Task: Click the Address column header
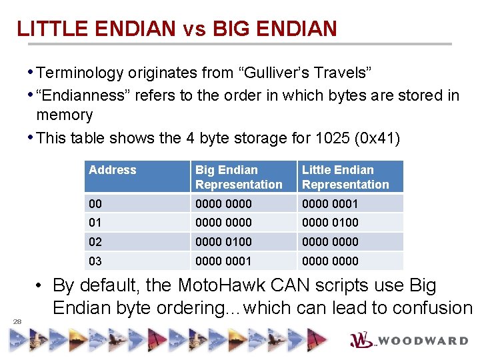(x=112, y=170)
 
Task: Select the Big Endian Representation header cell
(x=239, y=177)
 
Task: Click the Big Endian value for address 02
(x=223, y=241)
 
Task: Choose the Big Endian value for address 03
(x=223, y=261)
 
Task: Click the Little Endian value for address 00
(x=330, y=203)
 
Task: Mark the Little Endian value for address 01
(x=330, y=222)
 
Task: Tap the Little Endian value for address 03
(x=330, y=261)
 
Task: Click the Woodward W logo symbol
(x=363, y=340)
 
